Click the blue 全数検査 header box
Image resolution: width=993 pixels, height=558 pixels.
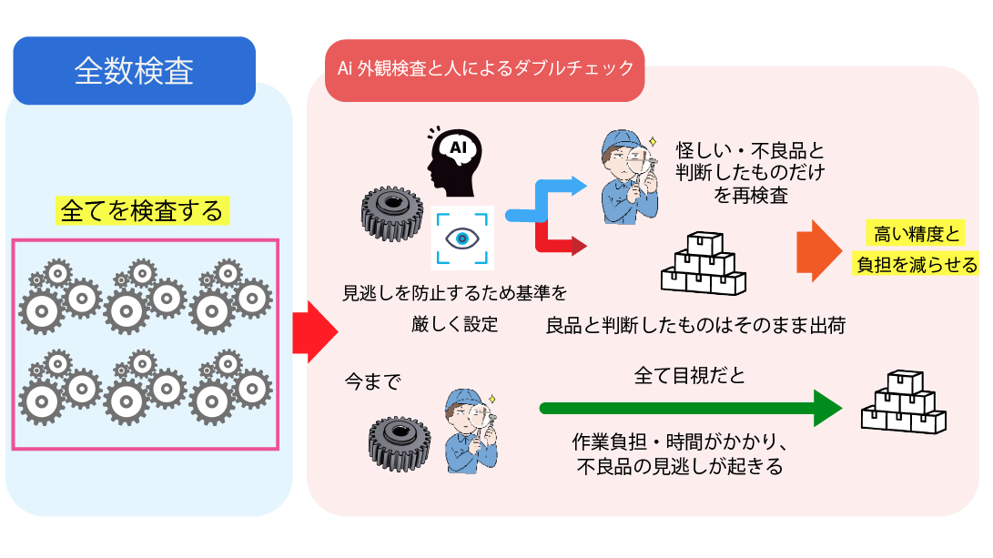(x=134, y=71)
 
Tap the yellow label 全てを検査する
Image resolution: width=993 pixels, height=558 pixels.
(x=141, y=211)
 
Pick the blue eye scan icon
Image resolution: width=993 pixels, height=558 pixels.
(x=461, y=237)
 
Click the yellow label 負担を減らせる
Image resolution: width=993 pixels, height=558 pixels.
(x=917, y=265)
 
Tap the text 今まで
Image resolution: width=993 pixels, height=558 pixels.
(x=371, y=381)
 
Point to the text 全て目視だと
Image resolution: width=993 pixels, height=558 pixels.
(x=689, y=375)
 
